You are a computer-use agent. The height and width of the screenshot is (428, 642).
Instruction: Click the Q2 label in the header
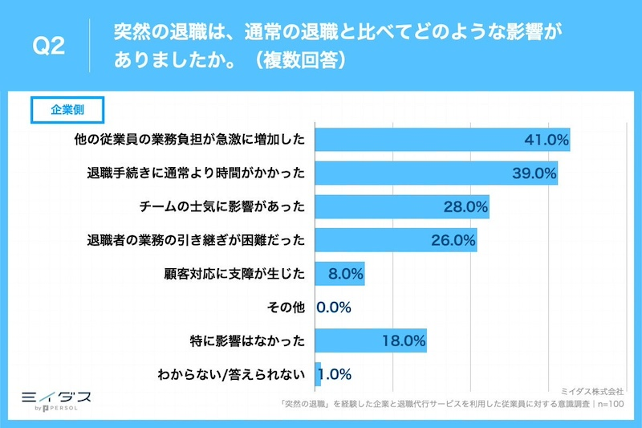pos(47,47)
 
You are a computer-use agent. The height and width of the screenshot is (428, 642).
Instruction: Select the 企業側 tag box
pos(67,111)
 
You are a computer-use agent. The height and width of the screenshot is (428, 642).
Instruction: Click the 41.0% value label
pos(547,140)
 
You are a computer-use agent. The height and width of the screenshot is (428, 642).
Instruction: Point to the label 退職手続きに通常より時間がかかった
pos(197,173)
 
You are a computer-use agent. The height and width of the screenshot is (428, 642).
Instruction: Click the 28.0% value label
pos(465,206)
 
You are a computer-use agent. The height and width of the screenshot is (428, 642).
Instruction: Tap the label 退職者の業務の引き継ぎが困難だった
pos(197,240)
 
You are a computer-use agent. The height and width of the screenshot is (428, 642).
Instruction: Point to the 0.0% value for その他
pos(335,307)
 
